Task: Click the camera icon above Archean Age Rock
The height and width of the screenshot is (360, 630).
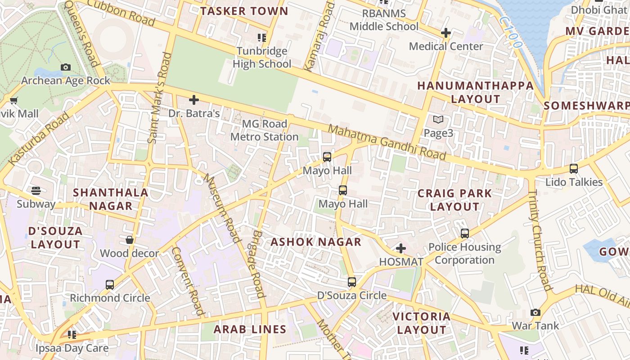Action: pyautogui.click(x=66, y=67)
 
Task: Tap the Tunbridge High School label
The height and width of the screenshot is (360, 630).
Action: pyautogui.click(x=262, y=58)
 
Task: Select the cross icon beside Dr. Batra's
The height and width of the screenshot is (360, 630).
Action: pyautogui.click(x=194, y=99)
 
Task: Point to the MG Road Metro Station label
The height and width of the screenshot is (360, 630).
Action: pyautogui.click(x=264, y=130)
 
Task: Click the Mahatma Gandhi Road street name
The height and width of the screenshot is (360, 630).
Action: pyautogui.click(x=387, y=143)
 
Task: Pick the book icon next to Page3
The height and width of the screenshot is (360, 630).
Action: pyautogui.click(x=438, y=120)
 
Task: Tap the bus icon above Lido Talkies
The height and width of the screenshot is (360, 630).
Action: pyautogui.click(x=574, y=169)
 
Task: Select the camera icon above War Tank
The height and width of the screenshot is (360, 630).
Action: pyautogui.click(x=535, y=312)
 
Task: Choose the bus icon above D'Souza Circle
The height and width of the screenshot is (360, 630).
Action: pyautogui.click(x=352, y=282)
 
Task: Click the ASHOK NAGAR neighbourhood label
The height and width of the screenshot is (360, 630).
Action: pyautogui.click(x=316, y=242)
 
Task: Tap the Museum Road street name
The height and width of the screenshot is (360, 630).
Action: pyautogui.click(x=222, y=208)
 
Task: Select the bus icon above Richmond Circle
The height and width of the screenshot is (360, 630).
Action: pyautogui.click(x=110, y=285)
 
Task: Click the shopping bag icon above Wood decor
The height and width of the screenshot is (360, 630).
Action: pyautogui.click(x=130, y=240)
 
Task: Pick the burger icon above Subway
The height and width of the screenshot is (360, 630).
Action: pyautogui.click(x=36, y=191)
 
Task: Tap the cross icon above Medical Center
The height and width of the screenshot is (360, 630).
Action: pyautogui.click(x=446, y=33)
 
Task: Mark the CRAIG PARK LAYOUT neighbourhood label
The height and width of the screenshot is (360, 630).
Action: pyautogui.click(x=454, y=200)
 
